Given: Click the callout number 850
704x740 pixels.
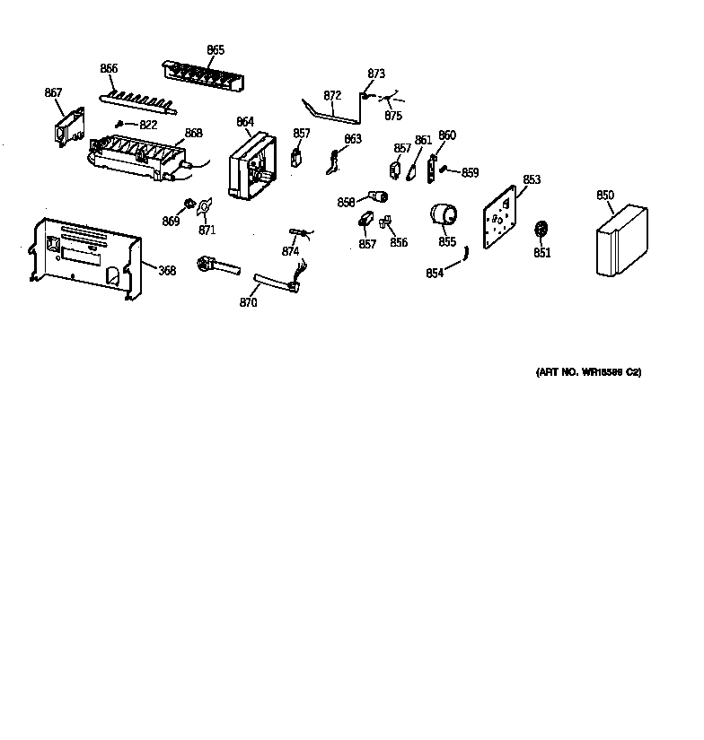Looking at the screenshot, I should point(604,195).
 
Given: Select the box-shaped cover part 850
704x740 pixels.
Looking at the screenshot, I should point(620,241).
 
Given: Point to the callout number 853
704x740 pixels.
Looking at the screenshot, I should point(532,179).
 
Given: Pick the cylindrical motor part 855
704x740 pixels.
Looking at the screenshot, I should point(443,217).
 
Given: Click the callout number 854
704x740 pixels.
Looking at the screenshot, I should point(435,274).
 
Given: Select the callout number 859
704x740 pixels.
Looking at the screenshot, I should point(470,173).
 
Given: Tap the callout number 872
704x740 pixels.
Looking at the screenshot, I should point(332,95).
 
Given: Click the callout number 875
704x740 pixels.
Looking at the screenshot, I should point(393,116).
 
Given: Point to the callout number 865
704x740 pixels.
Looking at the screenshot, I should point(216,50).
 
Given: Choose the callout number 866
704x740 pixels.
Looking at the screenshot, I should point(109,68).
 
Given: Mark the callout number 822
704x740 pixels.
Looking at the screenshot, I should point(147,125).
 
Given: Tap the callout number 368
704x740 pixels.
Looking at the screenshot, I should point(167,269).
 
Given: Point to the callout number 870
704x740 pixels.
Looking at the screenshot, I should point(248,303).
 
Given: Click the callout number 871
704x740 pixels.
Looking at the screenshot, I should point(207,230).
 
